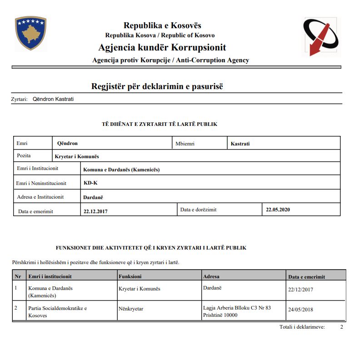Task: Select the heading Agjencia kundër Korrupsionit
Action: (162, 48)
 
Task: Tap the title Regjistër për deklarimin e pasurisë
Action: (158, 86)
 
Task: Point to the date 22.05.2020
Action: (278, 210)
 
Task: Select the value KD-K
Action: (90, 183)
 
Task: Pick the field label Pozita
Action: (24, 156)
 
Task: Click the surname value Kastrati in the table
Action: (240, 144)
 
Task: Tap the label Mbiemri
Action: (185, 144)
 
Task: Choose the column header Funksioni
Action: (130, 276)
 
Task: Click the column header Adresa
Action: (211, 276)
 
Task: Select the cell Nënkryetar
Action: (131, 309)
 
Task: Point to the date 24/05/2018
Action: (301, 310)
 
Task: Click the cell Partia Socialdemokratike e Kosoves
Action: (57, 312)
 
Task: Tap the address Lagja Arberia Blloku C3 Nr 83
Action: (237, 308)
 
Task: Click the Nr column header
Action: (18, 276)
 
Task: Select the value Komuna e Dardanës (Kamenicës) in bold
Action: (122, 170)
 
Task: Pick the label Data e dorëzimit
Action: (199, 210)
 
